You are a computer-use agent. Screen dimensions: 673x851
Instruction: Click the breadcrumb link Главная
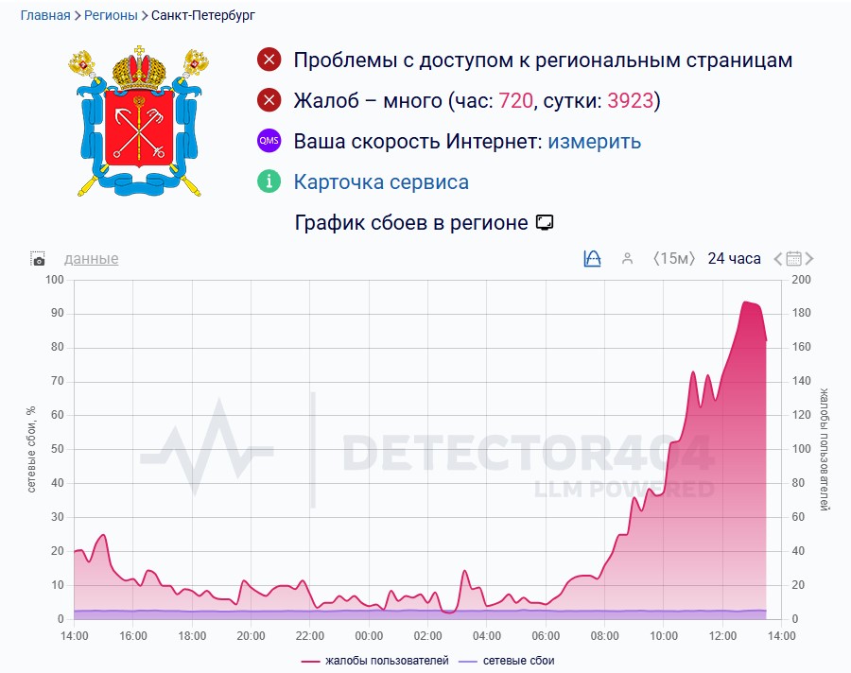(x=45, y=16)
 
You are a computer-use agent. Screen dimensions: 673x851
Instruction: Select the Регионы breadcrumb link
(x=111, y=16)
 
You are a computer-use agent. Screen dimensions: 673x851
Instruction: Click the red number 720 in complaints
(x=515, y=100)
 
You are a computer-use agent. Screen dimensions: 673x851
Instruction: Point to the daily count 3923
(x=631, y=100)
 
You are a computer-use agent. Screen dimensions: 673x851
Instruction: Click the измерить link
(x=594, y=142)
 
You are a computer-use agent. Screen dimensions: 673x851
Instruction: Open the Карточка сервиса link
(x=381, y=181)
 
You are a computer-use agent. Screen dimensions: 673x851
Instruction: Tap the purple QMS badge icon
(x=269, y=142)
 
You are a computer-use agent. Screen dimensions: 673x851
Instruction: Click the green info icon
(x=269, y=181)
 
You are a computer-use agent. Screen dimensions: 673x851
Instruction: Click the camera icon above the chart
(x=38, y=259)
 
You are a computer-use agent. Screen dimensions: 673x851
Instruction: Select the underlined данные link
(x=91, y=259)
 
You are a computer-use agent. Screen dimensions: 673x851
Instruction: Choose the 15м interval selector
(x=674, y=259)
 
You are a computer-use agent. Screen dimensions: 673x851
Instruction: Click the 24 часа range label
(x=734, y=259)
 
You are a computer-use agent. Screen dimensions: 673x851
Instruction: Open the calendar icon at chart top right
(x=794, y=259)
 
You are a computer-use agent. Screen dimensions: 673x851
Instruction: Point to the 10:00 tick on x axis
(x=664, y=636)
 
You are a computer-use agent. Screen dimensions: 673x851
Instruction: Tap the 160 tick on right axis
(x=802, y=347)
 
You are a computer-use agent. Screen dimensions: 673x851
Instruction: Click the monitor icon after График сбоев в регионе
(x=544, y=223)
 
